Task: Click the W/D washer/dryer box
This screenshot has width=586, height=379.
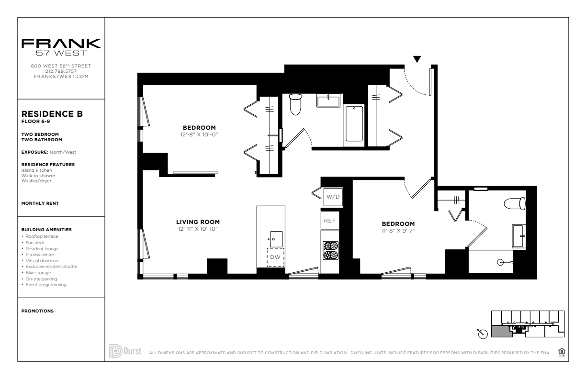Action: [333, 197]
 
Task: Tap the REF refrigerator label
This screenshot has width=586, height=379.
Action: [329, 221]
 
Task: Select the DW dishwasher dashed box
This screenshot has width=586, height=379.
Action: [275, 257]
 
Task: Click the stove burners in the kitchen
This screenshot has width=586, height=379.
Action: [331, 250]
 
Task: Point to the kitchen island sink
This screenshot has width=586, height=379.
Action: [276, 239]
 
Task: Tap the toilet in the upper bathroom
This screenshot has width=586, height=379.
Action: [295, 105]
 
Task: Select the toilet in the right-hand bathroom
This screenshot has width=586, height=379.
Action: [515, 203]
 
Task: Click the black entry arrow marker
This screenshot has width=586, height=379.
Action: [417, 59]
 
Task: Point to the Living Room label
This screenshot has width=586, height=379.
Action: [198, 222]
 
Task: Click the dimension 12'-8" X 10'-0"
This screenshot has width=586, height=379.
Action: [199, 134]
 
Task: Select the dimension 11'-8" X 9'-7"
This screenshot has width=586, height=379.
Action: [398, 231]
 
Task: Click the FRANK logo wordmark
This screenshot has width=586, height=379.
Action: [61, 44]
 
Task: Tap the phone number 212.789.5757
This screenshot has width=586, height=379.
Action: [61, 71]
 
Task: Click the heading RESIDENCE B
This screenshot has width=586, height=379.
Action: [52, 114]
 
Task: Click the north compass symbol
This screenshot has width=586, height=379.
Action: [483, 334]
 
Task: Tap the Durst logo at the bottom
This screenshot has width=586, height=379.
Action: [125, 351]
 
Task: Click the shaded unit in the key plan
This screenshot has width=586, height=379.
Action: [502, 332]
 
